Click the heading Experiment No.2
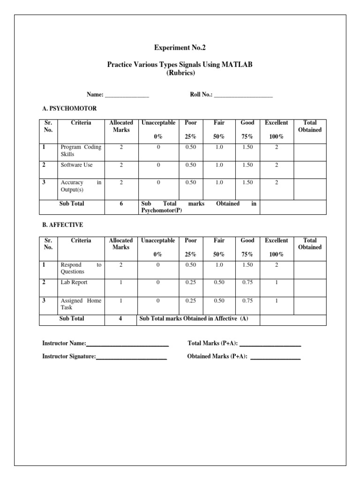click(x=180, y=48)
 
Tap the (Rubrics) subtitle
click(x=180, y=73)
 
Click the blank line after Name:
click(x=127, y=95)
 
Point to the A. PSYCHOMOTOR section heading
click(x=69, y=108)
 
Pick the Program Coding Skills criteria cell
click(x=81, y=150)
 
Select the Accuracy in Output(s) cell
click(x=81, y=186)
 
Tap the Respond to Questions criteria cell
click(x=81, y=268)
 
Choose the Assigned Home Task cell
click(x=81, y=304)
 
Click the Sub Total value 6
click(x=121, y=204)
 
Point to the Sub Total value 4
click(x=121, y=319)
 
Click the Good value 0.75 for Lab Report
click(x=247, y=283)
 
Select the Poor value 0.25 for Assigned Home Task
click(x=191, y=300)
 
